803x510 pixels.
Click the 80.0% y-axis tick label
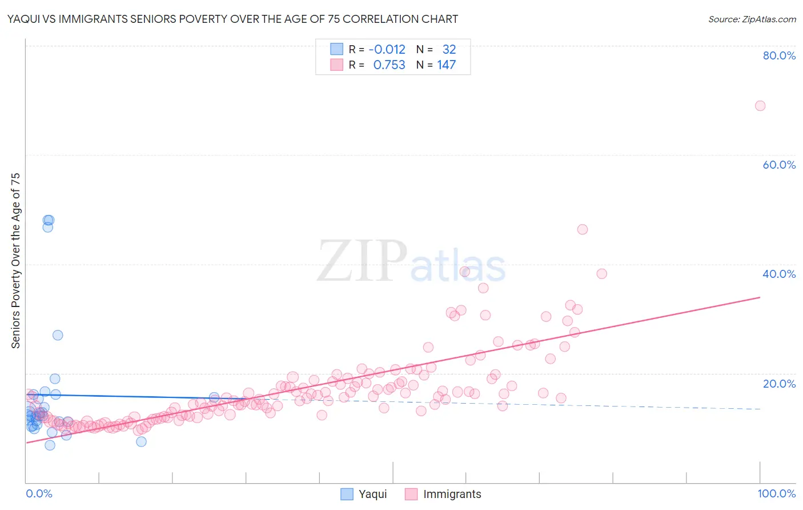(x=779, y=55)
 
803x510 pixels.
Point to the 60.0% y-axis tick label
(x=779, y=165)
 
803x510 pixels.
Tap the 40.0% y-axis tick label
(x=779, y=274)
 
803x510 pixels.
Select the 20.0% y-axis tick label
(x=779, y=384)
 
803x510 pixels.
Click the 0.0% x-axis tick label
(x=39, y=493)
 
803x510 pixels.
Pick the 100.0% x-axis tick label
(x=776, y=493)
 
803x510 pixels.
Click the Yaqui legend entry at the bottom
(x=372, y=494)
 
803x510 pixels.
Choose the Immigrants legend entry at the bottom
(x=452, y=494)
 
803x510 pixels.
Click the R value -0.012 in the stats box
(x=387, y=49)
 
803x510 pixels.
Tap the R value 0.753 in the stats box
(x=389, y=65)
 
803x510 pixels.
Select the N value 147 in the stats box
(x=447, y=65)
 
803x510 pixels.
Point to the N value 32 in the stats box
(x=449, y=49)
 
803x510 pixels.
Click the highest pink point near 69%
(x=760, y=106)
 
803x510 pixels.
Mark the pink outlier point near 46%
(x=582, y=229)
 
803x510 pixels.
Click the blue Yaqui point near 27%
(x=58, y=335)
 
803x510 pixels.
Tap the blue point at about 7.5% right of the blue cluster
(x=141, y=441)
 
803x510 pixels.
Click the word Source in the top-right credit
(x=724, y=19)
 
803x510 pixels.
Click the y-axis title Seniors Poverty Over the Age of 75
(x=15, y=260)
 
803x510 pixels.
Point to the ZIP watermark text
(x=362, y=261)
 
